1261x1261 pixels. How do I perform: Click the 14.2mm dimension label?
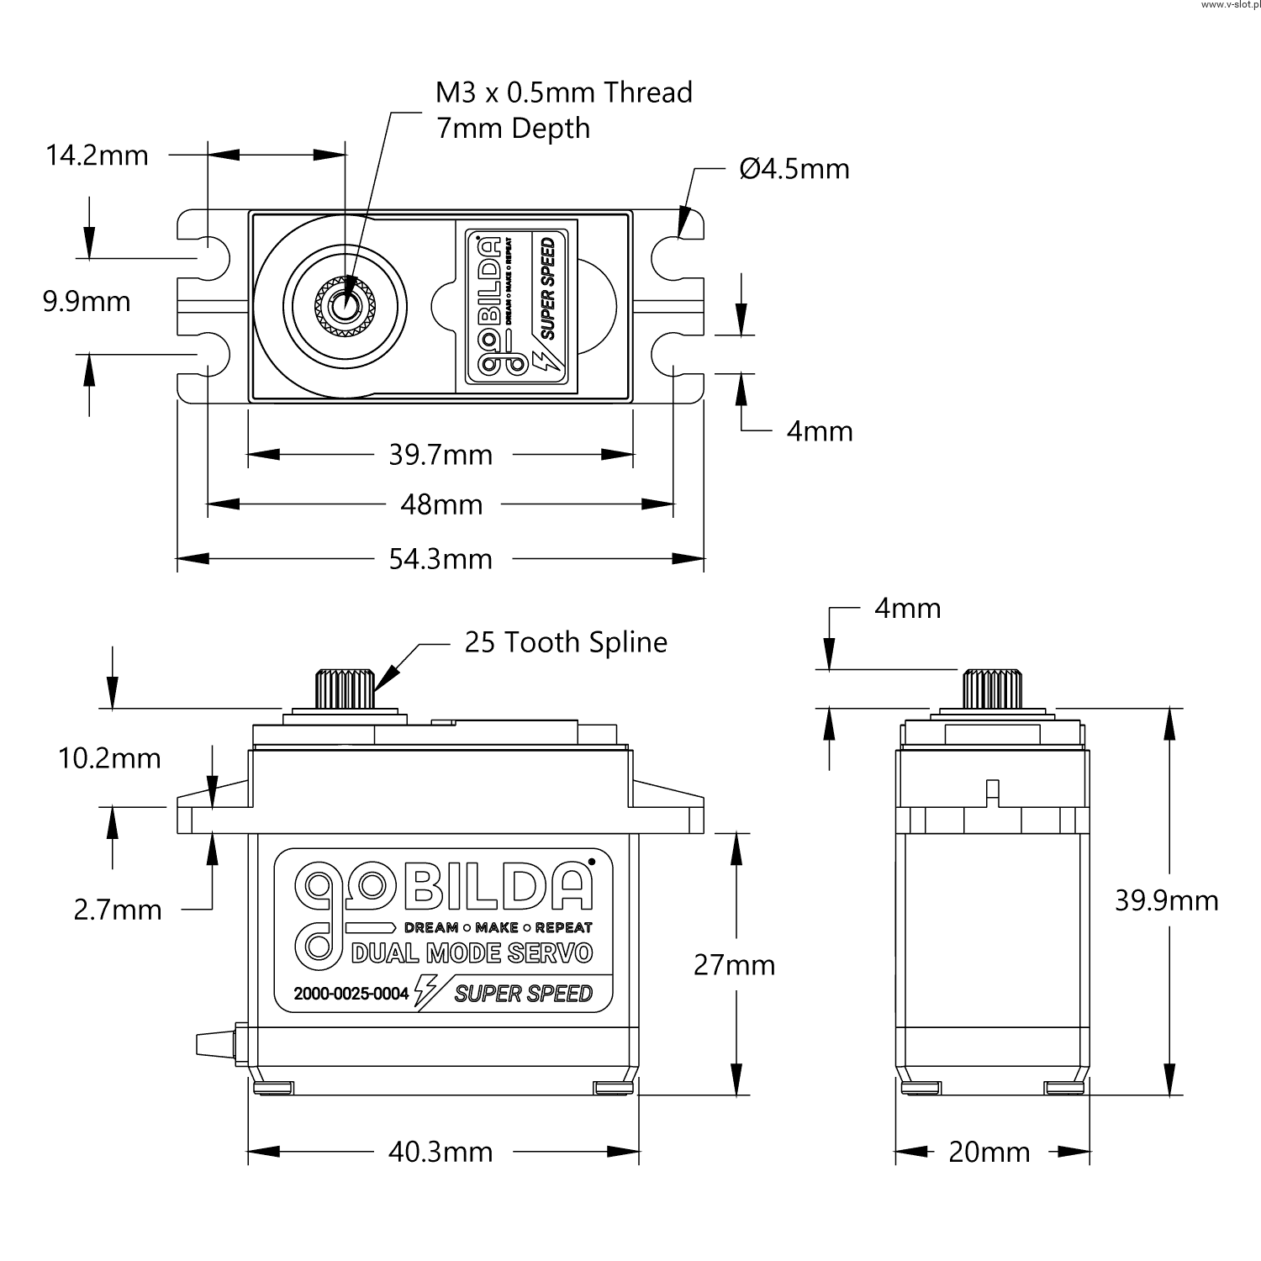tap(97, 156)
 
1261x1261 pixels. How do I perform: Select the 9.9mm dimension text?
tap(87, 301)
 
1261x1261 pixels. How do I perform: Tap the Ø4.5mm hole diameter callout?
tap(794, 169)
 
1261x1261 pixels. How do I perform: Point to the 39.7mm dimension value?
tap(441, 455)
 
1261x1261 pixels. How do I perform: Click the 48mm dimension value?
tap(441, 504)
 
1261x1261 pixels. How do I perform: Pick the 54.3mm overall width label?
tap(441, 558)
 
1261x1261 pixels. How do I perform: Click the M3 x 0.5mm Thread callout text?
tap(563, 92)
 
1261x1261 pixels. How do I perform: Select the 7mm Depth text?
tap(513, 129)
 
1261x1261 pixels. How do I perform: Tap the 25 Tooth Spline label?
tap(566, 642)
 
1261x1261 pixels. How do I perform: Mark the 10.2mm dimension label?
tap(109, 758)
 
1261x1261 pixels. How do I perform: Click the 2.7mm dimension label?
tap(118, 910)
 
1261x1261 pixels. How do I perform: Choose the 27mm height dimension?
tap(734, 964)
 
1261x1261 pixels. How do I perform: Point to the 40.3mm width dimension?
tap(441, 1151)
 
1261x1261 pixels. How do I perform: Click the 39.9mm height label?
tap(1166, 900)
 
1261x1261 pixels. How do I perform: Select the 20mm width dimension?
tap(989, 1151)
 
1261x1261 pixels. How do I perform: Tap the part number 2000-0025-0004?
tap(351, 994)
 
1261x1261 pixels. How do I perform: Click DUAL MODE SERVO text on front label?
tap(472, 953)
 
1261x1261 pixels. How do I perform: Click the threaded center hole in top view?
tap(344, 308)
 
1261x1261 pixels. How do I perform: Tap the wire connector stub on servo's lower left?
tap(214, 1043)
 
